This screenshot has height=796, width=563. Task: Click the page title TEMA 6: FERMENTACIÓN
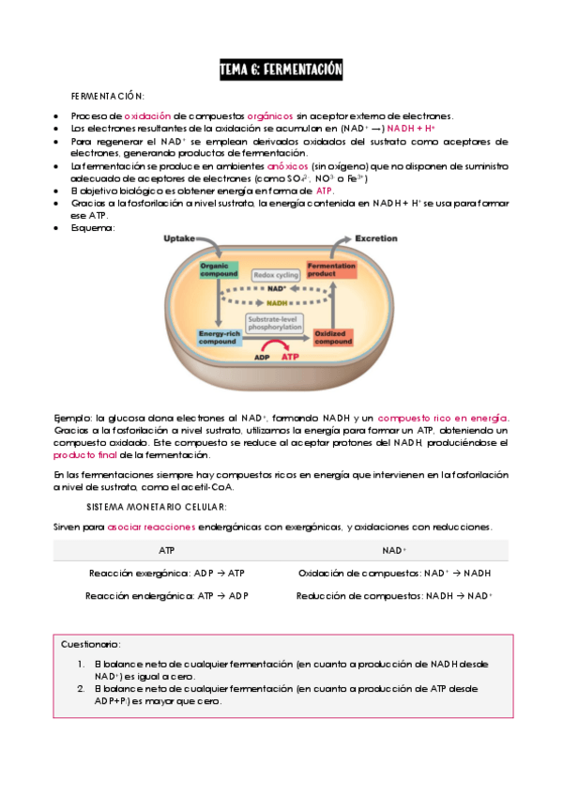point(281,69)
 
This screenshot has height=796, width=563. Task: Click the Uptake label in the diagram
point(179,238)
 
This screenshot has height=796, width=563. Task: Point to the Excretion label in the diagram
point(375,238)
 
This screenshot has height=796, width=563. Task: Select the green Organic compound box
point(219,270)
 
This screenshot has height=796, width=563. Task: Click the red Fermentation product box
point(331,270)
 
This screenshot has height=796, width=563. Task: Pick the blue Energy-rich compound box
point(219,338)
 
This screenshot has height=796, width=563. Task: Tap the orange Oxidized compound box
point(332,338)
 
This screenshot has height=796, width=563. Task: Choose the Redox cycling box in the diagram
point(275,275)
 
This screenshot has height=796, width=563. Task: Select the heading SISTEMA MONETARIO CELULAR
point(157,507)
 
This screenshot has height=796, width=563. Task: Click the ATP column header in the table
point(167,551)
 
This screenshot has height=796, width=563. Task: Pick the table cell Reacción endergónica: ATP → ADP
point(167,596)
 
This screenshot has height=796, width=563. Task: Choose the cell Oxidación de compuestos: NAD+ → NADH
point(394,574)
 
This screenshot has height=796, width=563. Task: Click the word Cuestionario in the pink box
point(91,645)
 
